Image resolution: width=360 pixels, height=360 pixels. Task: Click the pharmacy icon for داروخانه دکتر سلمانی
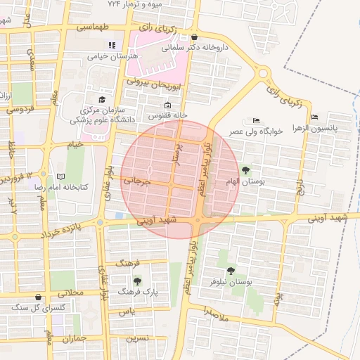pyautogui.click(x=194, y=37)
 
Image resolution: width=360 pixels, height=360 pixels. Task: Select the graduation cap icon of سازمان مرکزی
pyautogui.click(x=102, y=100)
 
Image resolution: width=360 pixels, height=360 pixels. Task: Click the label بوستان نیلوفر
pyautogui.click(x=231, y=281)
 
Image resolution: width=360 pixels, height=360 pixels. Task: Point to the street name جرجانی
pyautogui.click(x=138, y=181)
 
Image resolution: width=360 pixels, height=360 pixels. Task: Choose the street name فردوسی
pyautogui.click(x=20, y=110)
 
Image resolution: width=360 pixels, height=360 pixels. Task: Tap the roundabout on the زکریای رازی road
pyautogui.click(x=264, y=73)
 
